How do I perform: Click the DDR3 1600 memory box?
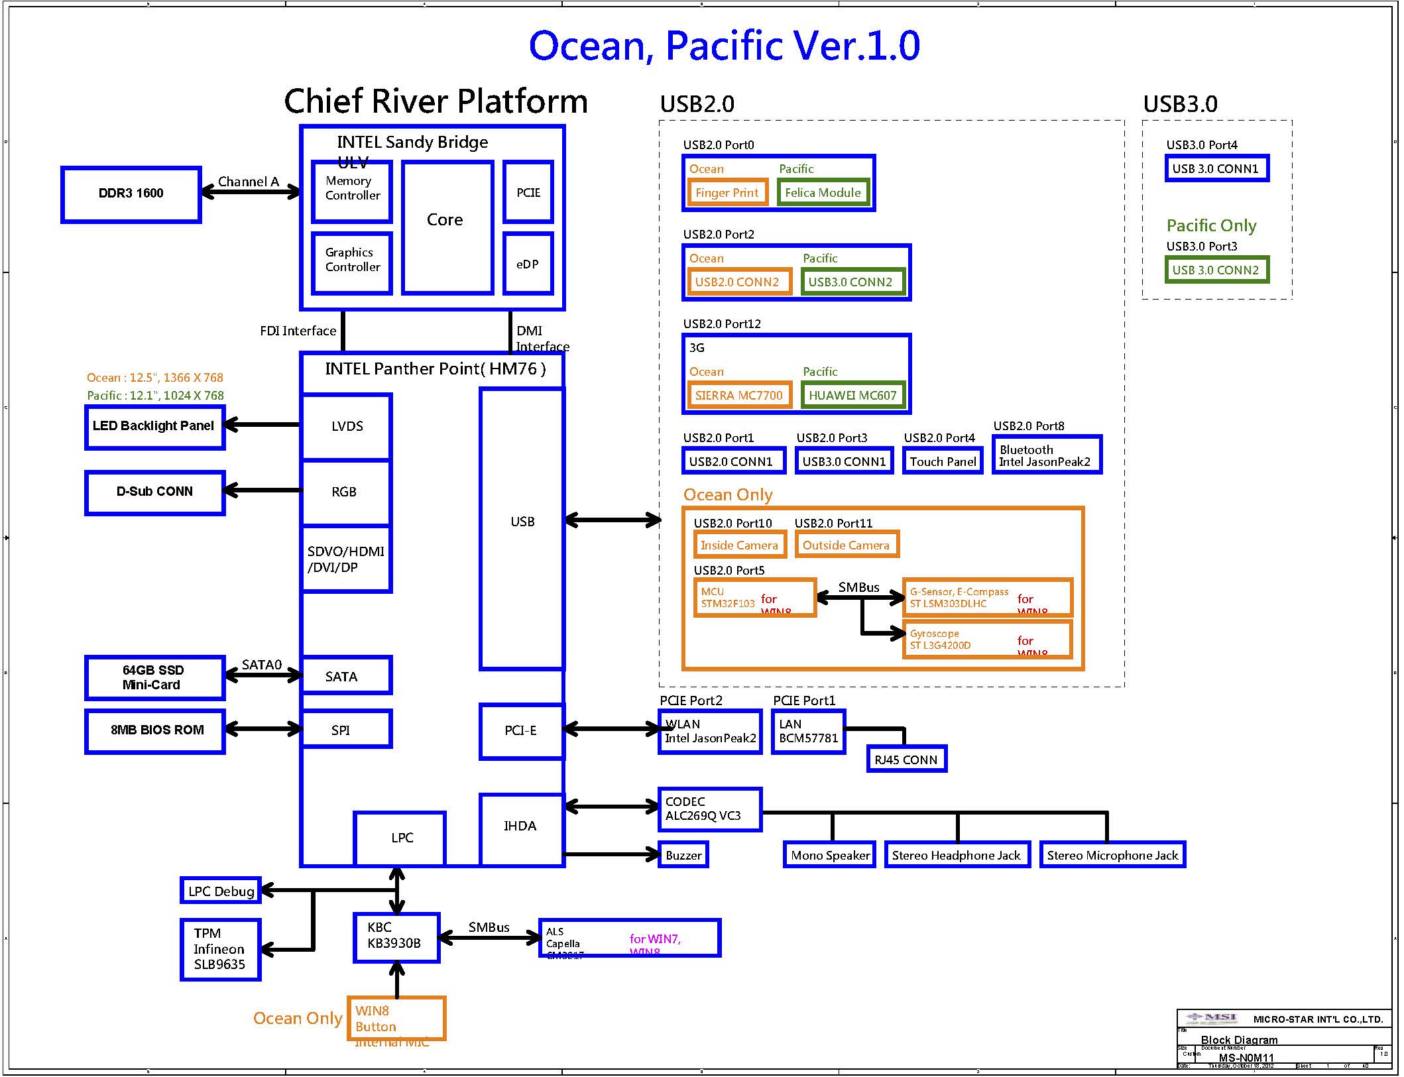(131, 194)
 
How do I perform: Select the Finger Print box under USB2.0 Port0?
(727, 193)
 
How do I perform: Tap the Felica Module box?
(823, 193)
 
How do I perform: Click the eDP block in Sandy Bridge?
(528, 263)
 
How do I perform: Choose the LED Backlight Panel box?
(154, 427)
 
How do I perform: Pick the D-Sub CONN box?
(154, 492)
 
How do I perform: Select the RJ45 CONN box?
(906, 759)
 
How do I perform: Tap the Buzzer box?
(683, 855)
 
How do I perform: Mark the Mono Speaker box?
(829, 855)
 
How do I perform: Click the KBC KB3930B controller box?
(396, 937)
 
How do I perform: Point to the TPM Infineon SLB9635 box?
(220, 949)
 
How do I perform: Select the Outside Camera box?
(846, 545)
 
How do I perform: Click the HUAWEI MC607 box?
(852, 396)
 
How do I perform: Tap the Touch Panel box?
(942, 461)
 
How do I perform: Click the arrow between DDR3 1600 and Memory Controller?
(250, 192)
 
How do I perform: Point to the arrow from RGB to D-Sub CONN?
(263, 490)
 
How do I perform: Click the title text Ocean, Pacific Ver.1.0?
(724, 46)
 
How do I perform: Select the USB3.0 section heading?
(1180, 104)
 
